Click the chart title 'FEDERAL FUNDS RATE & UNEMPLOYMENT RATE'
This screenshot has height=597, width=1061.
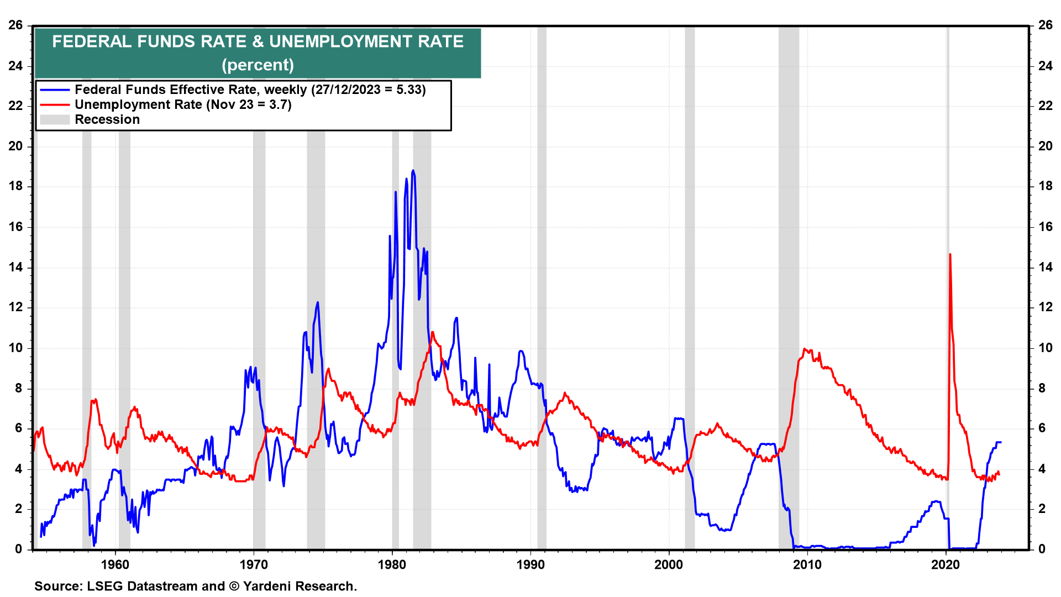point(258,41)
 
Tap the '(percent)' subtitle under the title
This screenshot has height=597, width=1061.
point(258,65)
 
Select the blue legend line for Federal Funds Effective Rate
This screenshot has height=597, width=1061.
point(55,90)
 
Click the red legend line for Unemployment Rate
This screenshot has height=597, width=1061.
point(55,105)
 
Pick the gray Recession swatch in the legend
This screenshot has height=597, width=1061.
point(55,120)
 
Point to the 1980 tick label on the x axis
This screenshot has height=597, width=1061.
point(392,564)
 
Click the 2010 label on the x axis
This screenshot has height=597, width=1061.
point(807,564)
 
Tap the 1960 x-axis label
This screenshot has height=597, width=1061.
point(115,564)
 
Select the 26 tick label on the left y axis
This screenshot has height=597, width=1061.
point(15,25)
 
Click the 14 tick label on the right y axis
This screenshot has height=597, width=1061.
point(1046,267)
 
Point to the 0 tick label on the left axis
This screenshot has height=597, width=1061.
point(19,549)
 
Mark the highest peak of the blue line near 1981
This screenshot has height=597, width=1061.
point(413,171)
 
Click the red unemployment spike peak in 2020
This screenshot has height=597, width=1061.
point(950,255)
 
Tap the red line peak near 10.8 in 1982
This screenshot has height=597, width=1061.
point(432,332)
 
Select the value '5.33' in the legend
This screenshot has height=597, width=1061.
point(411,90)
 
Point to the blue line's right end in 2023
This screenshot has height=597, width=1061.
point(1000,442)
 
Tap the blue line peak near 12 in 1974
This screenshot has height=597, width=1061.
point(317,302)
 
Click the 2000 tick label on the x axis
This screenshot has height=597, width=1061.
point(669,564)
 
